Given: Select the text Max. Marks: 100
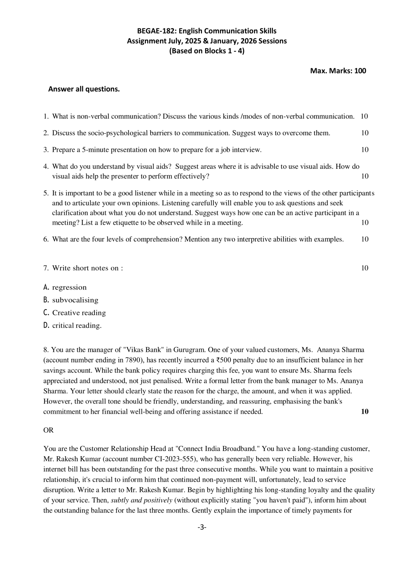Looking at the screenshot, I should pyautogui.click(x=338, y=71).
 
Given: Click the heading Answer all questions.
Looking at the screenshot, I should pyautogui.click(x=84, y=89).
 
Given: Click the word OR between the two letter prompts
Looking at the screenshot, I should pyautogui.click(x=48, y=430).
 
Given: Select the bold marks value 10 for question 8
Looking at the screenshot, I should pyautogui.click(x=365, y=411).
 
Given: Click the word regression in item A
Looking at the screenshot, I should pyautogui.click(x=69, y=287).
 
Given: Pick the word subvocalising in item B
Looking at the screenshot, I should pyautogui.click(x=75, y=300).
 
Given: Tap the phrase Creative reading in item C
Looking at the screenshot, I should pyautogui.click(x=79, y=313).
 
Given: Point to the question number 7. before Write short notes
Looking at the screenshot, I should pyautogui.click(x=46, y=268).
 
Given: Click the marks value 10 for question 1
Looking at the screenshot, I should pyautogui.click(x=364, y=116).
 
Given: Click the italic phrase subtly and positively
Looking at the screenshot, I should pyautogui.click(x=141, y=500).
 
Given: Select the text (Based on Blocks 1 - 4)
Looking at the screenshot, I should pyautogui.click(x=207, y=51).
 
